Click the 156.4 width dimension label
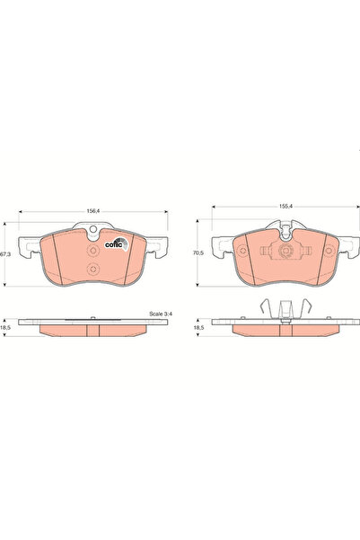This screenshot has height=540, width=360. tap(92, 211)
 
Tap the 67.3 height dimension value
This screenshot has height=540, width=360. tap(5, 254)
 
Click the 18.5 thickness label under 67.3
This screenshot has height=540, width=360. tap(5, 330)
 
